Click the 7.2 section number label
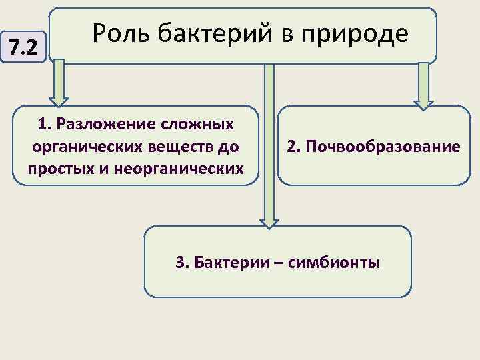[x=25, y=47]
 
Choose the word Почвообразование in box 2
[x=383, y=146]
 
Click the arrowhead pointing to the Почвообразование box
[x=423, y=103]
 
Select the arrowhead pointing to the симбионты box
[x=269, y=222]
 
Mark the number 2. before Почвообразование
[x=293, y=146]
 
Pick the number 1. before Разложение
[x=45, y=124]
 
